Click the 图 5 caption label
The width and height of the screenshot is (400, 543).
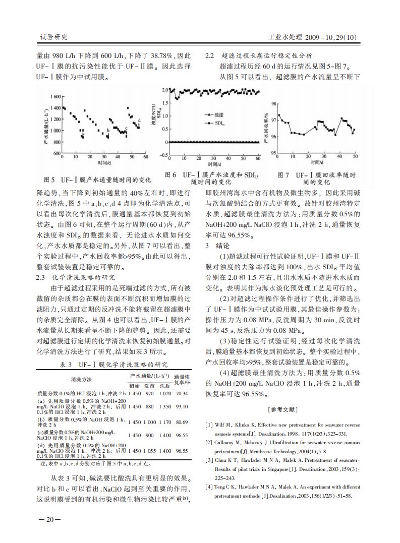49,179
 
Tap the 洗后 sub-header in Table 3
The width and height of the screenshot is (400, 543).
165,386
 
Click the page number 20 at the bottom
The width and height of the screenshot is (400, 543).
50,520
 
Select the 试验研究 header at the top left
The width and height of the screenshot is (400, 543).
53,37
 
